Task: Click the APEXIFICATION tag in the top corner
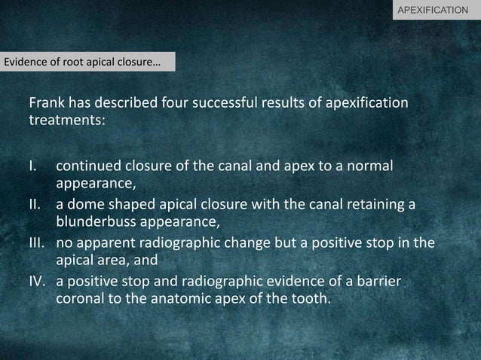[437, 11]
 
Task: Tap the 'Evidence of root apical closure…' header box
[87, 62]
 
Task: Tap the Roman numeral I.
[32, 165]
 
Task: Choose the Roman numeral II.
[34, 205]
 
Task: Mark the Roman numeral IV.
[36, 281]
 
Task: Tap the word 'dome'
[85, 205]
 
